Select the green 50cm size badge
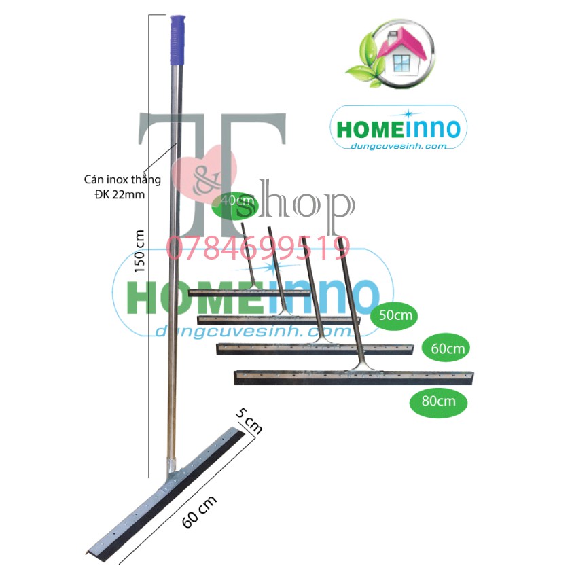[x=394, y=315]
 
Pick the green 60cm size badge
[x=446, y=348]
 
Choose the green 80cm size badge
[x=438, y=401]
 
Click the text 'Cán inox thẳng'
[x=122, y=180]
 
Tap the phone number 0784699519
[x=258, y=248]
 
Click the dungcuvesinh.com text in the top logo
[x=397, y=145]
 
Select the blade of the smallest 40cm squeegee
[x=248, y=293]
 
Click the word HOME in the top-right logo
[x=368, y=129]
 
